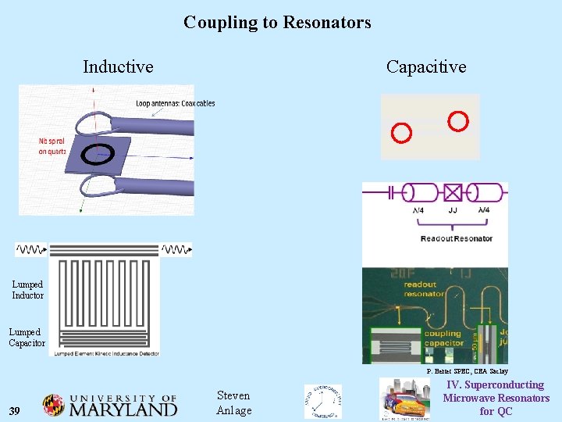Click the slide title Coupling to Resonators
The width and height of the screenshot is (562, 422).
(277, 23)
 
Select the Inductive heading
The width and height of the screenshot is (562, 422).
(118, 67)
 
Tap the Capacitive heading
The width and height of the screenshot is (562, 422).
(425, 67)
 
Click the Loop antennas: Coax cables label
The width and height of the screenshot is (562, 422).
(175, 103)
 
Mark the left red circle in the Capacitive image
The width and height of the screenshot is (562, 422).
(400, 133)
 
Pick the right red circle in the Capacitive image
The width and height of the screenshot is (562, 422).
(458, 121)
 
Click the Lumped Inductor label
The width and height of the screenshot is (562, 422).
(27, 290)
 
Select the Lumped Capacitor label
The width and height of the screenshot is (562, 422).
(27, 338)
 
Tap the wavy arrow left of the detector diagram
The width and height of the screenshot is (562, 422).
(31, 250)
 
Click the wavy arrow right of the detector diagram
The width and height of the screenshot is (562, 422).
(176, 250)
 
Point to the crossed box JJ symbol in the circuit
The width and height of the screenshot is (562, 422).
(453, 192)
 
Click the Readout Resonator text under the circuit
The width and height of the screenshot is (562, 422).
(456, 238)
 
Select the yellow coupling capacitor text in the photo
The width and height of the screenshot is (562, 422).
(443, 339)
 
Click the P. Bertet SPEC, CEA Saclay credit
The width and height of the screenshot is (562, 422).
(467, 370)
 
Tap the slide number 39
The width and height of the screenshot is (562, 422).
(16, 411)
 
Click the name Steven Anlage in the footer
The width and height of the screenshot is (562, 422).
(233, 403)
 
